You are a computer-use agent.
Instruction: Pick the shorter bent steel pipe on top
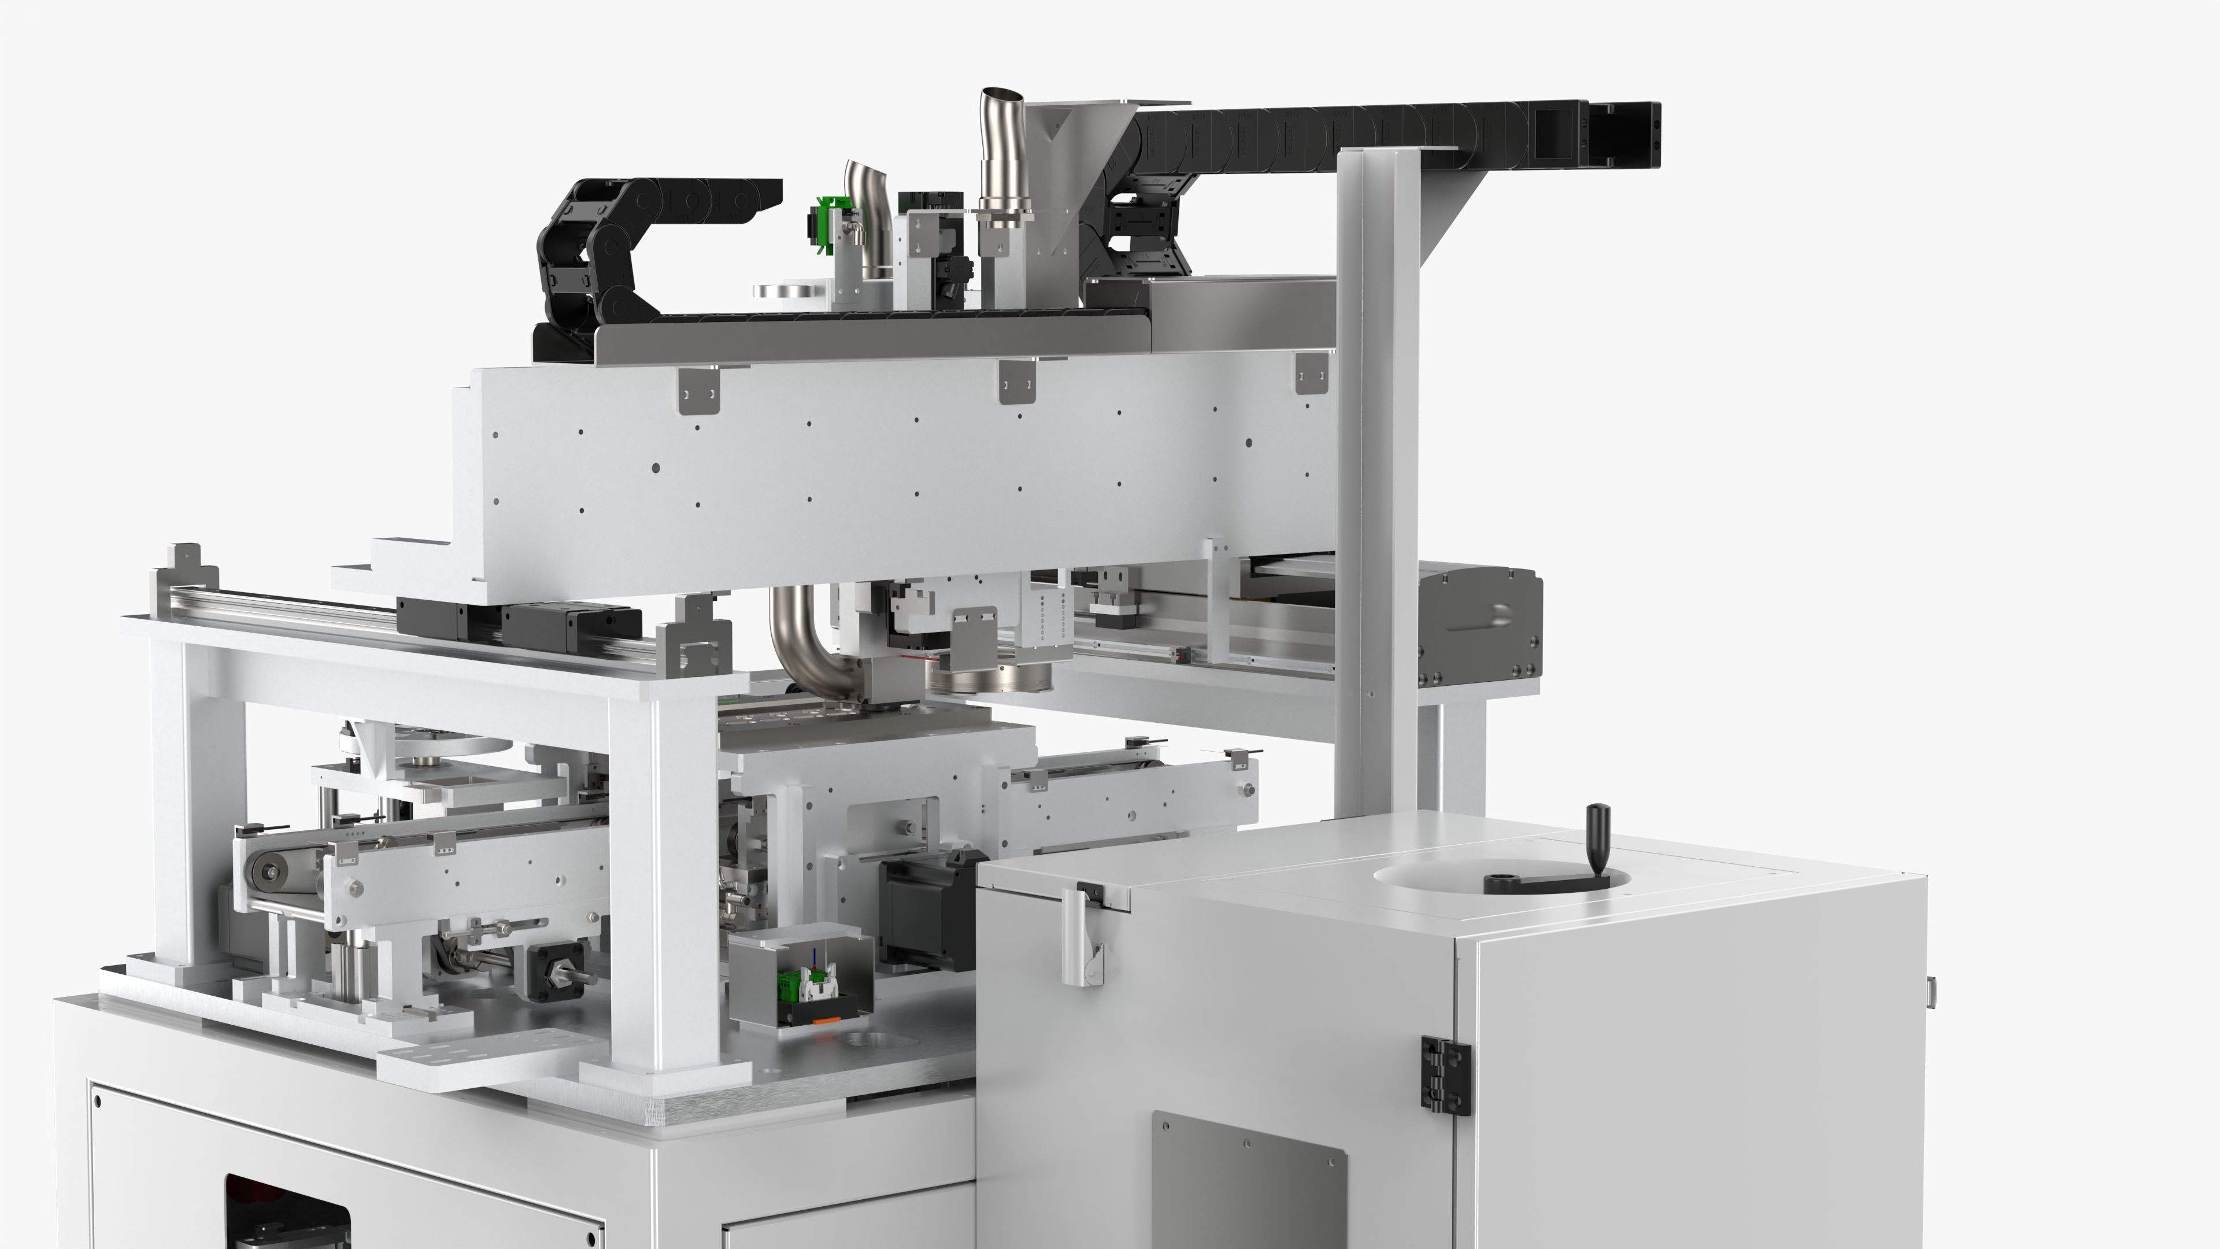point(866,216)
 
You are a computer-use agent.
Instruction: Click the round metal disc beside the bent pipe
point(789,293)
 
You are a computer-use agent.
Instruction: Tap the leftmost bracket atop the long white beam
point(698,390)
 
